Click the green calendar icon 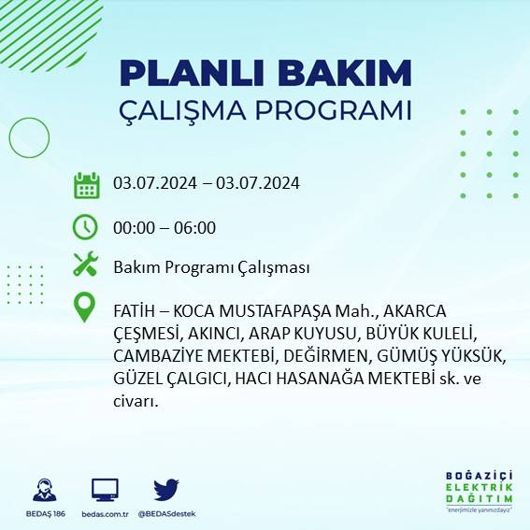coord(86,184)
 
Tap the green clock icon coord(86,227)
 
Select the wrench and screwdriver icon coord(86,265)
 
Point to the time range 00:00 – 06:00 coord(165,227)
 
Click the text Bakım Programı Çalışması coord(211,268)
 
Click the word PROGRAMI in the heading coord(332,109)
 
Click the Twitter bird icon coord(165,490)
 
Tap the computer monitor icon coord(105,490)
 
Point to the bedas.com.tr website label coord(105,514)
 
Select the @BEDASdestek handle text coord(166,514)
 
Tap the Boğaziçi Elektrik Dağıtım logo coord(480,491)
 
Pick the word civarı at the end coord(135,402)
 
